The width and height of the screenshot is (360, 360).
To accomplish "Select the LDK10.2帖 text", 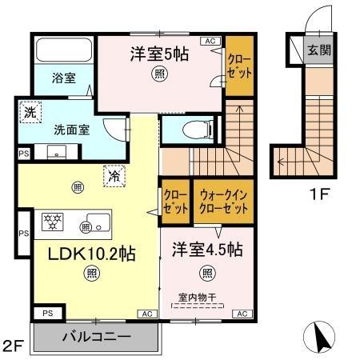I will click(x=82, y=254).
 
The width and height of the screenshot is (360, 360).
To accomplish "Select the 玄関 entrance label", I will click(x=319, y=50).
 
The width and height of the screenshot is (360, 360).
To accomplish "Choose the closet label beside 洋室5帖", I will click(x=238, y=62).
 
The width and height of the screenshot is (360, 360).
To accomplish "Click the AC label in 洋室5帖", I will click(x=210, y=40).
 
